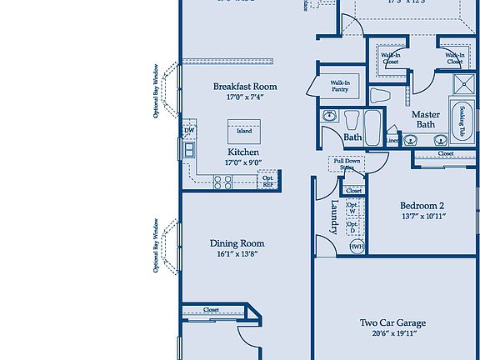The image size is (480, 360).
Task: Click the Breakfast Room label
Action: pos(245,87)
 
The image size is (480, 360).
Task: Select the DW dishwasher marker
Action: pos(189,131)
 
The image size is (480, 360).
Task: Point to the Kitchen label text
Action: pos(242,152)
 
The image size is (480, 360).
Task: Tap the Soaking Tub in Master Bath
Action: pos(460,121)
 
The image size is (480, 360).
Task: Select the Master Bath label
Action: pos(426,119)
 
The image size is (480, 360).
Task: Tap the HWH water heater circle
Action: pos(356,247)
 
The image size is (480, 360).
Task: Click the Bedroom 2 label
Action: pos(422,206)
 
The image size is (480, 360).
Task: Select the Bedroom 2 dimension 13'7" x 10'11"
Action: pos(422,217)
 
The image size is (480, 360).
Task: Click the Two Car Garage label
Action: pos(392,322)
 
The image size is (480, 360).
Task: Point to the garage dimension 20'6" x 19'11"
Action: pos(392,333)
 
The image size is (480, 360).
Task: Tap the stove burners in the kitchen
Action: pos(224,181)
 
